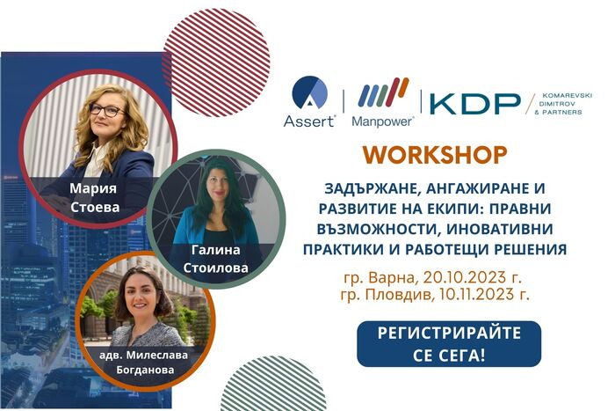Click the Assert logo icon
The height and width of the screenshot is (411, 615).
point(309,92)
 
